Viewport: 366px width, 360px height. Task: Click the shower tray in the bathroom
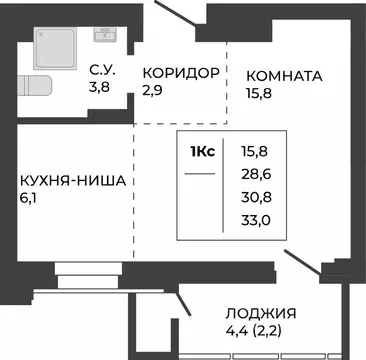point(55,44)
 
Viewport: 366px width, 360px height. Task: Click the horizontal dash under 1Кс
point(201,174)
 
